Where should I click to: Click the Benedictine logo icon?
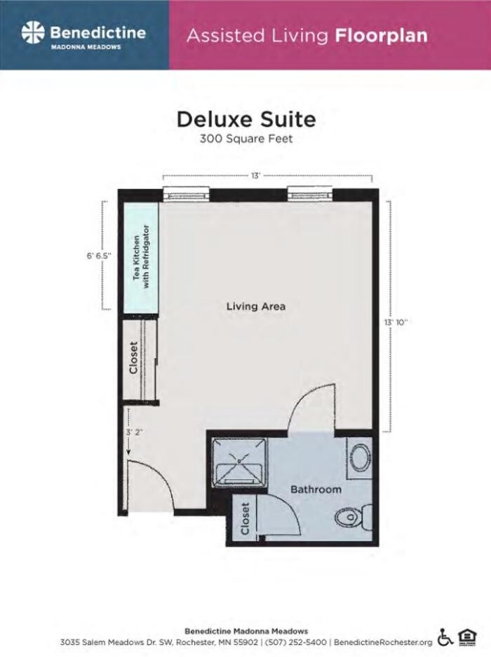pos(33,33)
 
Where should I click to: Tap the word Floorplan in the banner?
pos(381,35)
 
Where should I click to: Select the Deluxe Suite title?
pos(245,118)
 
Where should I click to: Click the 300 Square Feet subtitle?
pos(245,139)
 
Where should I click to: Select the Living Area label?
pos(256,307)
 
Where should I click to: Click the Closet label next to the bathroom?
pos(245,519)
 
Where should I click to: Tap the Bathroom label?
pos(316,489)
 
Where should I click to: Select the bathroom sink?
pos(360,459)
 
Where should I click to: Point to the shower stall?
pos(238,461)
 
